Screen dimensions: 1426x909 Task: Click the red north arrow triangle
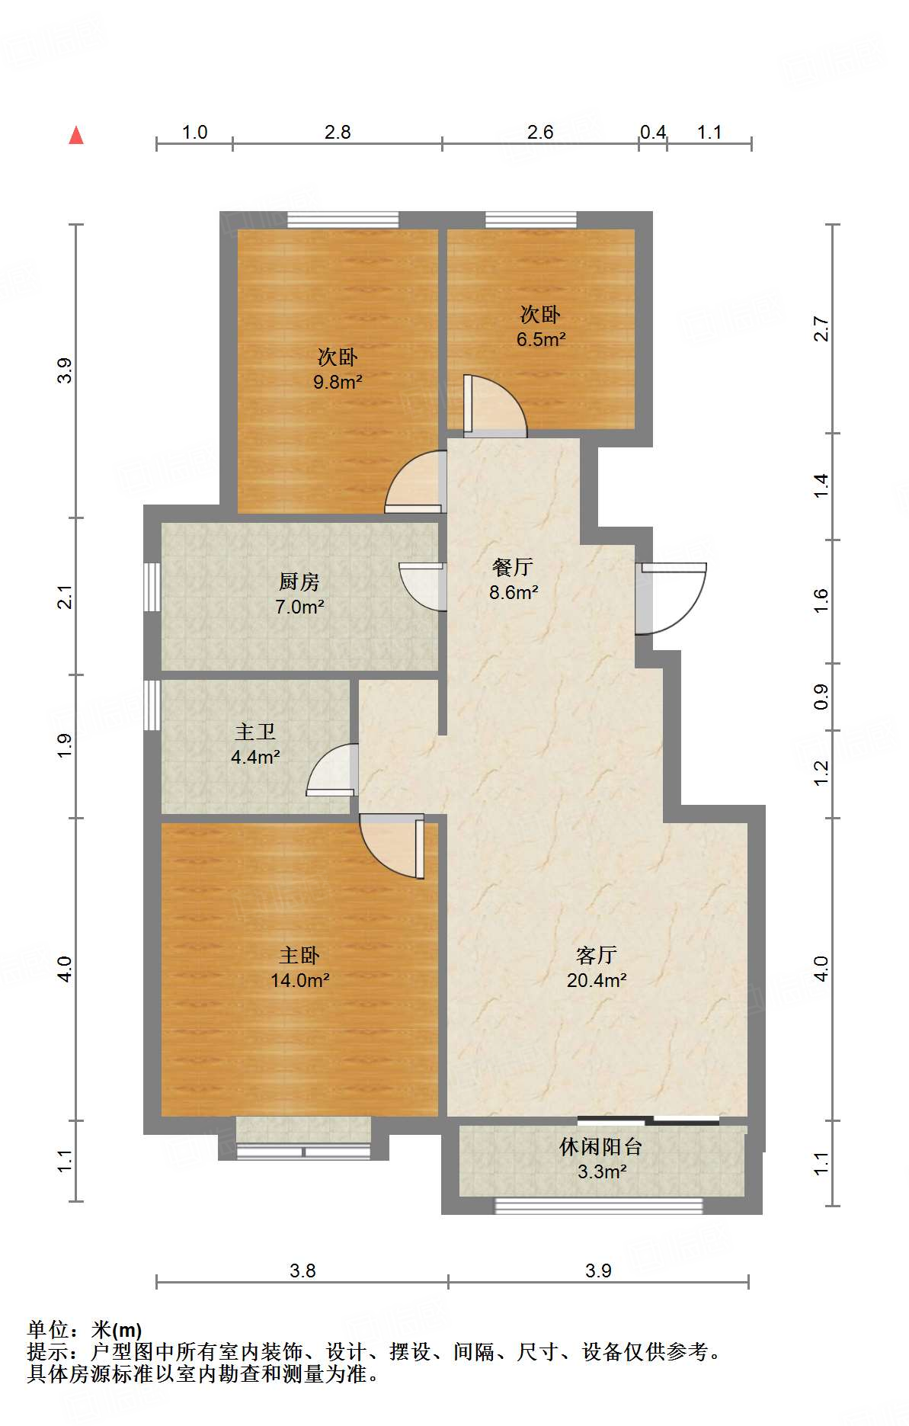click(x=76, y=136)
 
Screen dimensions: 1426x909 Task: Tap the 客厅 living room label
click(x=597, y=955)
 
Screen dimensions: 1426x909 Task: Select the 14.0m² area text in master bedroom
click(x=299, y=980)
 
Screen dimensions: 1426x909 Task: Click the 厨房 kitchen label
click(x=299, y=582)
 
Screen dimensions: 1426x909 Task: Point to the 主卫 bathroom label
click(x=254, y=732)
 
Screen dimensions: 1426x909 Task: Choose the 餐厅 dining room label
click(x=513, y=567)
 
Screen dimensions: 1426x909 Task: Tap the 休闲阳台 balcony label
click(x=601, y=1146)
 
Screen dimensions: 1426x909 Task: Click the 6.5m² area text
click(x=541, y=339)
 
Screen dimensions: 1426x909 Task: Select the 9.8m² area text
click(x=338, y=382)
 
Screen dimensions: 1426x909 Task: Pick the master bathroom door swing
click(x=332, y=771)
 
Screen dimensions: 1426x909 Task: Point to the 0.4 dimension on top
click(x=653, y=133)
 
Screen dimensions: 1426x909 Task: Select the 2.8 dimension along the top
click(x=338, y=133)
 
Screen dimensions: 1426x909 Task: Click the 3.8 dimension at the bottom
click(x=302, y=1271)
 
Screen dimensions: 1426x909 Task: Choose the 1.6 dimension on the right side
click(x=821, y=601)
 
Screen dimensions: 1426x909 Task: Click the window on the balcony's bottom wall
click(x=598, y=1206)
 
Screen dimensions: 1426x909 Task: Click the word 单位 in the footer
click(x=49, y=1330)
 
